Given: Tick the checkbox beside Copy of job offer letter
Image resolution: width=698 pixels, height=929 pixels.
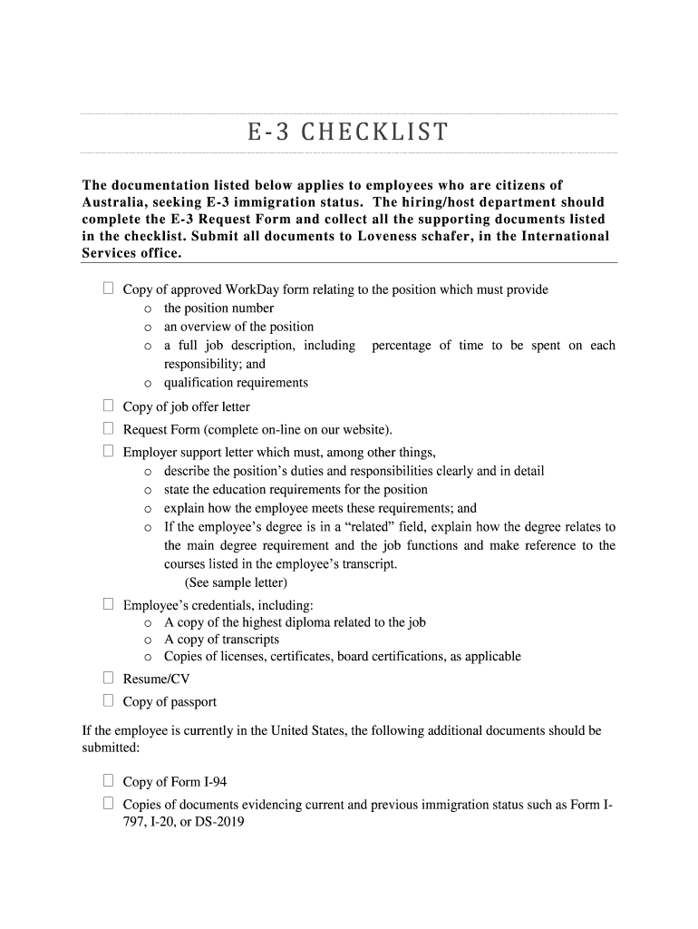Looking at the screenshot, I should (x=108, y=406).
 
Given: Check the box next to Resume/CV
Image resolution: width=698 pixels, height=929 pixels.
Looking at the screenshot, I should (x=108, y=678).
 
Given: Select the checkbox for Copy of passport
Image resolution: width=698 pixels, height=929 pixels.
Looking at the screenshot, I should (x=108, y=700).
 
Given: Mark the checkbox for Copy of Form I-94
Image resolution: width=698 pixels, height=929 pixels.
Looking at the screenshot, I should (x=108, y=780).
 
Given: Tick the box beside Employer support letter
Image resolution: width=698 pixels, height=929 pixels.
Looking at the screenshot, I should (x=108, y=451).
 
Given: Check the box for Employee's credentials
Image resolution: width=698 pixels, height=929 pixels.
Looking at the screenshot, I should (x=108, y=603).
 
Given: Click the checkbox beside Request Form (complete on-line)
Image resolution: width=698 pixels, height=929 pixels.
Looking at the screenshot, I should (x=108, y=428).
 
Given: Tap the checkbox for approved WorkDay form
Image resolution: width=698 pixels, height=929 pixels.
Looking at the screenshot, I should (x=108, y=288).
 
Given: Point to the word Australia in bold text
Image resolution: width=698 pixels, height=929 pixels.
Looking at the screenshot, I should (x=116, y=202).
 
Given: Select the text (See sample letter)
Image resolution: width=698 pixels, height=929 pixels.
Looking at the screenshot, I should (x=236, y=582).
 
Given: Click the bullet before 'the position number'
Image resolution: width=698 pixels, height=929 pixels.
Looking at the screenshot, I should (x=148, y=308).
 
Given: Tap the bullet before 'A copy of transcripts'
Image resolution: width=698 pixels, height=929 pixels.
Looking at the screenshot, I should (x=148, y=641).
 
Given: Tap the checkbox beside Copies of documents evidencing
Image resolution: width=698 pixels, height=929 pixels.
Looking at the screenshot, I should (x=108, y=803).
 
